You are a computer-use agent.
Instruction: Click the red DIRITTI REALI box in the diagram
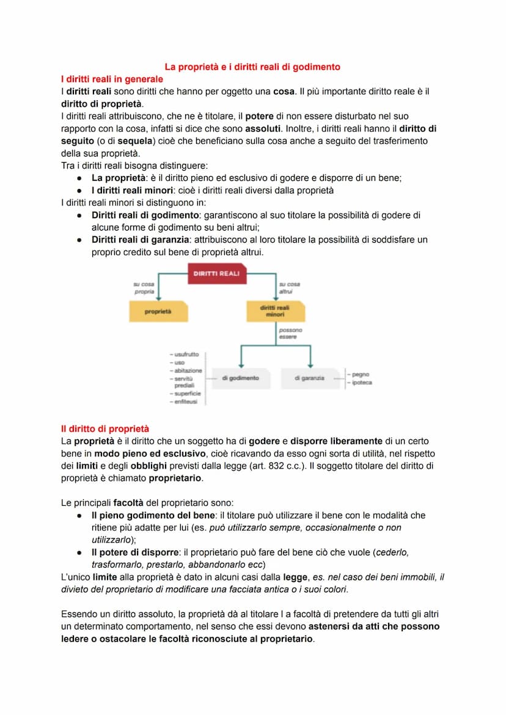(x=217, y=273)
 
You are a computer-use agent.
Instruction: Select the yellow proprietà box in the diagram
(x=158, y=312)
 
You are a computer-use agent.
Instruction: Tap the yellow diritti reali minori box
(x=275, y=311)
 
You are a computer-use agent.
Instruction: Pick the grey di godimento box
(x=240, y=378)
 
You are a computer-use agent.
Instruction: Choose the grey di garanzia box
(x=309, y=378)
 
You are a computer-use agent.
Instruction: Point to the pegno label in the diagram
(x=361, y=374)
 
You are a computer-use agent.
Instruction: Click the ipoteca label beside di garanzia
(x=362, y=382)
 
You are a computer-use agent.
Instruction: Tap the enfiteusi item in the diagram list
(x=186, y=401)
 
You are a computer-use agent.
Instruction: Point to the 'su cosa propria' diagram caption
(x=144, y=288)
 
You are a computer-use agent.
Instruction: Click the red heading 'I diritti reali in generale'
(x=112, y=79)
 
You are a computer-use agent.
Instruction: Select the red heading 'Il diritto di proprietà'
(x=105, y=429)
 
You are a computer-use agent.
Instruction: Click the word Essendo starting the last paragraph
(x=79, y=614)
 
